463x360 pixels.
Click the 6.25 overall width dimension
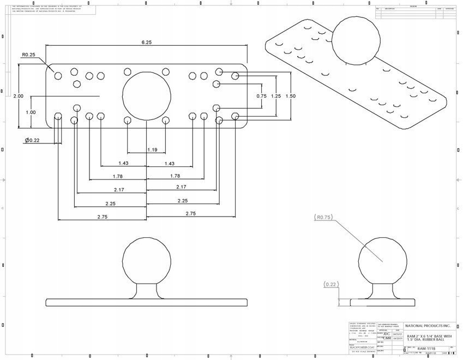pos(146,42)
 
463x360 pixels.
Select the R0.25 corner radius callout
pos(28,55)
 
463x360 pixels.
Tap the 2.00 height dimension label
pos(18,96)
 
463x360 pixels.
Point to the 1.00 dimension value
pos(31,112)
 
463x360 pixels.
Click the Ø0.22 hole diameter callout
pos(32,141)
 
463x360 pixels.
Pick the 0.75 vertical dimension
pos(261,96)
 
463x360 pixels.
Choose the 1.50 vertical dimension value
pos(291,96)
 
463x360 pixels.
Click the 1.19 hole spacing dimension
pos(152,150)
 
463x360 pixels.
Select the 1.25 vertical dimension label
pos(276,96)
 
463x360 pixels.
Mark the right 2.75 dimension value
pos(190,213)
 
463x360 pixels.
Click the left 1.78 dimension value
pos(117,176)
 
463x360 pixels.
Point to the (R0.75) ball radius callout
pos(323,217)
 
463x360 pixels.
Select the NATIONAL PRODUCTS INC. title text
pos(429,325)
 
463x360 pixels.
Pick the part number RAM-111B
pos(426,347)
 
